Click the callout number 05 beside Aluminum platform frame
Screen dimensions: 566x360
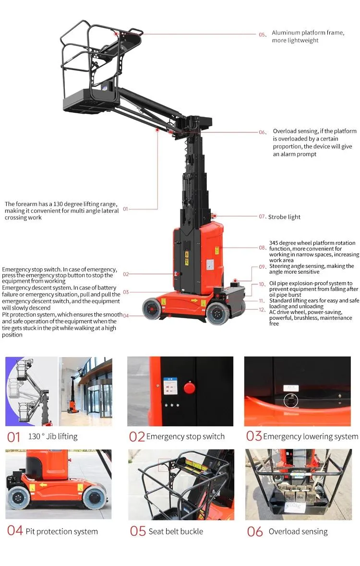click(262, 35)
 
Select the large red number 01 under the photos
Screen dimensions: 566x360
click(14, 437)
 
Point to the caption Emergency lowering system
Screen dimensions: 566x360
click(311, 436)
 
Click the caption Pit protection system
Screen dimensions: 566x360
click(61, 531)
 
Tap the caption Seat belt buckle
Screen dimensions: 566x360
click(176, 531)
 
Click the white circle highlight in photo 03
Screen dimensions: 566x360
click(290, 400)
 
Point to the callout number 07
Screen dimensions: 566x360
click(262, 217)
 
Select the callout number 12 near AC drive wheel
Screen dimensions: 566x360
click(262, 310)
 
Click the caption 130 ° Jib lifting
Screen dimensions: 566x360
click(53, 436)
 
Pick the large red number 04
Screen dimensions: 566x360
click(14, 531)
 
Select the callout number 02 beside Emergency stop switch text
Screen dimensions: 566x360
click(126, 274)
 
